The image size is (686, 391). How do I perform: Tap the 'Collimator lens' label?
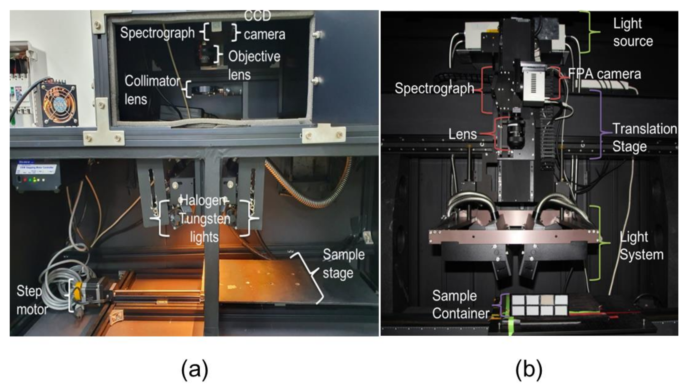point(152,90)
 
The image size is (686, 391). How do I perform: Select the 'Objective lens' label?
point(254,65)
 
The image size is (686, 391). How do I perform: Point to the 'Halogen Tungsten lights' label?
point(204,219)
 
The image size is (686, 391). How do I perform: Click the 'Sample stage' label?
point(343,264)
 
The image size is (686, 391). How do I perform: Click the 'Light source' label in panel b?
point(632,32)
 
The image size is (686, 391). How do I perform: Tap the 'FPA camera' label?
point(605,74)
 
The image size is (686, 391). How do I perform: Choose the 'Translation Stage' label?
point(644,138)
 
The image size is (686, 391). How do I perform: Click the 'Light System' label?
point(641,246)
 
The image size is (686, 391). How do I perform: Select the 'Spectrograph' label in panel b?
point(434,88)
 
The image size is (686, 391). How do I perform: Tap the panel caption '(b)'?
point(529,369)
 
